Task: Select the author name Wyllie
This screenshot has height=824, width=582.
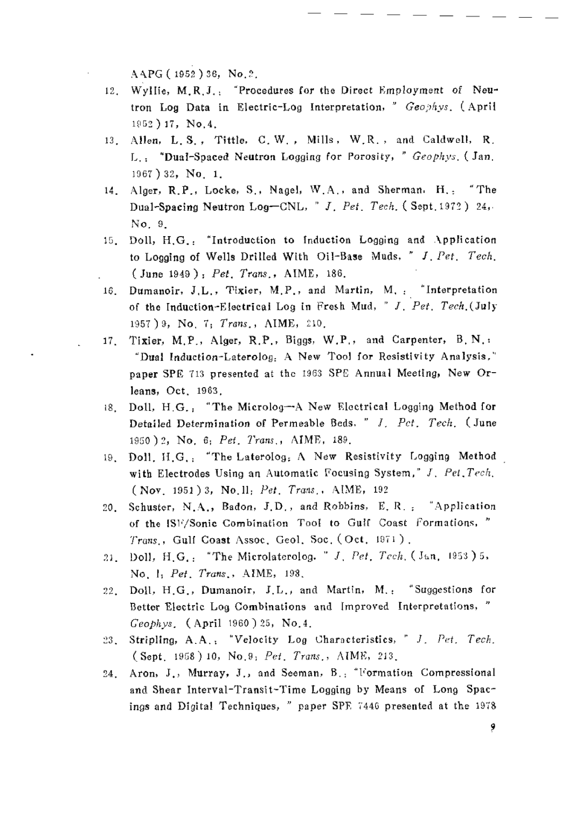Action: (146, 91)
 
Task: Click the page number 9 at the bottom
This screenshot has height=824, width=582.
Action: (492, 727)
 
